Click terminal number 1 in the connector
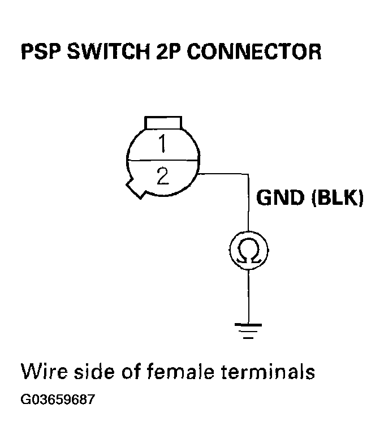pos(162,145)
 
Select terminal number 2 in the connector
pos(162,177)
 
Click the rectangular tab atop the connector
pos(163,122)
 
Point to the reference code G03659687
pos(58,400)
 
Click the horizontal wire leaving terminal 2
pos(223,174)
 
